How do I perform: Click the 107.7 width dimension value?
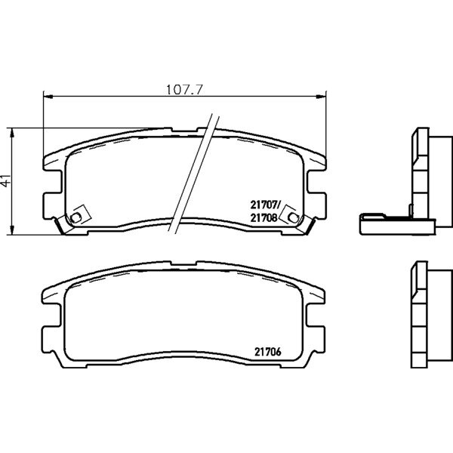[x=185, y=90]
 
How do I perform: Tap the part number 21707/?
[x=265, y=205]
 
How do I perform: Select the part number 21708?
[x=263, y=217]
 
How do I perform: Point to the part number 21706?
[x=268, y=352]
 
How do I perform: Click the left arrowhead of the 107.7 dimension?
[x=48, y=97]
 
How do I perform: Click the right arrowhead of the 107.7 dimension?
[x=321, y=97]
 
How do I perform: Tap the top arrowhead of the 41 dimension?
[x=11, y=133]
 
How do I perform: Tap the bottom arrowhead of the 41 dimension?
[x=11, y=230]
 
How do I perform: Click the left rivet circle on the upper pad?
[x=75, y=217]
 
